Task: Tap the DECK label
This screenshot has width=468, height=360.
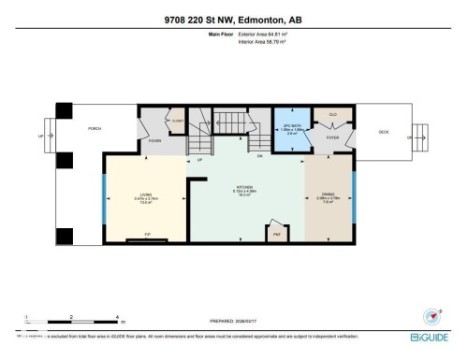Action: click(383, 132)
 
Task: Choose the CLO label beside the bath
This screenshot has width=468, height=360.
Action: click(332, 114)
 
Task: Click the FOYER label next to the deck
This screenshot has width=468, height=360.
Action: click(332, 137)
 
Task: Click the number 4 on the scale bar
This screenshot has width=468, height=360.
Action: click(116, 317)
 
